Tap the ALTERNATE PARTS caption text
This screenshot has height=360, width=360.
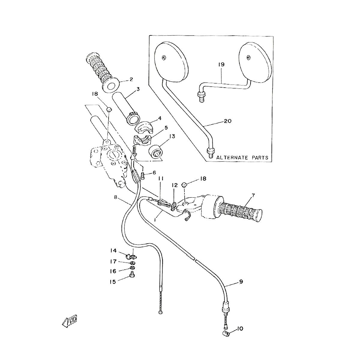242,157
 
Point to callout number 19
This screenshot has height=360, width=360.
221,64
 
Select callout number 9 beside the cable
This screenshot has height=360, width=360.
241,282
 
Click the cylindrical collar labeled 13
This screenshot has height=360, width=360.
156,151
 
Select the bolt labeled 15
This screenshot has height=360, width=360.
131,274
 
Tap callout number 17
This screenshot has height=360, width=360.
114,261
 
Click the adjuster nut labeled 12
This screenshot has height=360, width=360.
174,205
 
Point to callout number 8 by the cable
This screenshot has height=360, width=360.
116,197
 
